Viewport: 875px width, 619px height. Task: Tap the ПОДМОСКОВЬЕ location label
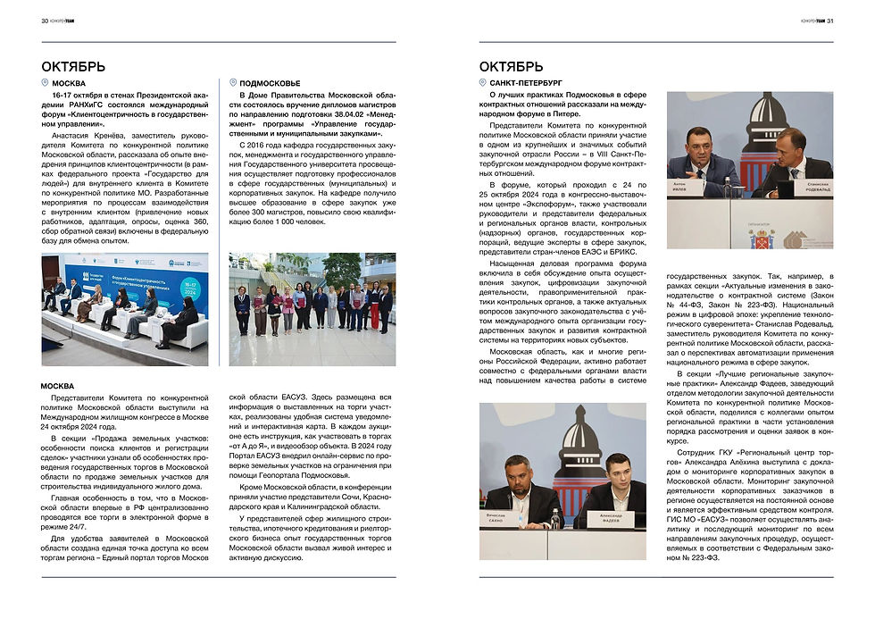pyautogui.click(x=271, y=83)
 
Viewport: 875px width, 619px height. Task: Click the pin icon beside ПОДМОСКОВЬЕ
pyautogui.click(x=232, y=83)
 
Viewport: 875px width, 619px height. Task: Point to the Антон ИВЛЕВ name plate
pyautogui.click(x=691, y=188)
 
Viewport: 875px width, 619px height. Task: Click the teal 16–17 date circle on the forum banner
pyautogui.click(x=190, y=290)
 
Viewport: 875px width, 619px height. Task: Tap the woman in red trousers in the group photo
pyautogui.click(x=375, y=307)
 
